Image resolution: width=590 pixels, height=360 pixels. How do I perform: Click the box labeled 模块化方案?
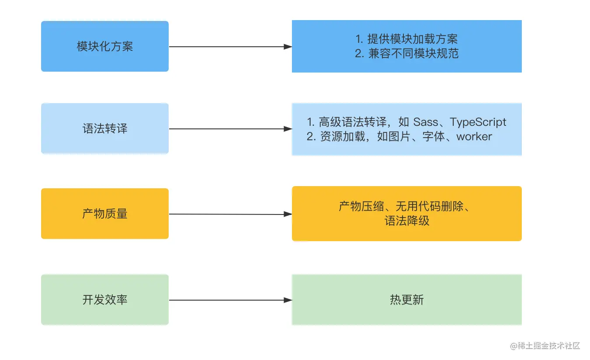point(105,46)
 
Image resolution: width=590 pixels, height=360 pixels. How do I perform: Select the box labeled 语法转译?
point(105,129)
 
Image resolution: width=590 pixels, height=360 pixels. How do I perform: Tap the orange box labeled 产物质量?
point(105,214)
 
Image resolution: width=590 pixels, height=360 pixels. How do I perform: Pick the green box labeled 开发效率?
point(105,300)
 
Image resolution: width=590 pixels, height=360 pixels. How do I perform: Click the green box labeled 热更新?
point(406,300)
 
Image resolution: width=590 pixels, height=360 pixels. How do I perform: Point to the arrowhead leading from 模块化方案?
point(288,47)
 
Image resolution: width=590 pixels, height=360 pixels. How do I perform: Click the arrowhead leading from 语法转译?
point(288,129)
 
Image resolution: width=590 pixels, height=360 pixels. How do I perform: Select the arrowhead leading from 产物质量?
point(288,214)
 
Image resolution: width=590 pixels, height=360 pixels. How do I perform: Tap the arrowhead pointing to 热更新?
point(288,300)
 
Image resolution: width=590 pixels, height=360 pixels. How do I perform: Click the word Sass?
point(425,122)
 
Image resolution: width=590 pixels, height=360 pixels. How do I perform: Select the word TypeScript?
point(478,122)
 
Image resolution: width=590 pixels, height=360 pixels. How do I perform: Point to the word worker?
point(474,137)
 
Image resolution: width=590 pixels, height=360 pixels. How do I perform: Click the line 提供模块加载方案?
point(413,39)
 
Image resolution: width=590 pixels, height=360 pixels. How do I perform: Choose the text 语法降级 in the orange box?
point(407,221)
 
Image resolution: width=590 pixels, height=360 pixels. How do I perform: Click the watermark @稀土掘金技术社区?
point(545,346)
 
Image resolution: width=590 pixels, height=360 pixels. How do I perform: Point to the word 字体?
point(434,137)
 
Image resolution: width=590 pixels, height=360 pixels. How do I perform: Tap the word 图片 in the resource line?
point(399,137)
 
